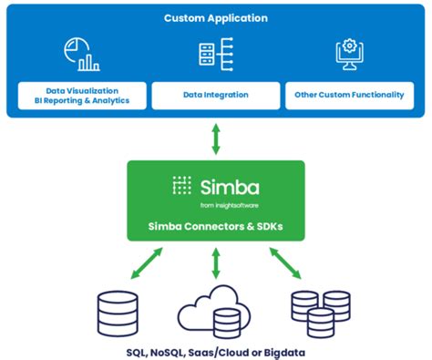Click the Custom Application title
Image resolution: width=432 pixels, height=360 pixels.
click(216, 18)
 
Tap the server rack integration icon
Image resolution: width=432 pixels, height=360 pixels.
click(216, 54)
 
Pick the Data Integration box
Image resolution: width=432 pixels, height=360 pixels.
click(216, 95)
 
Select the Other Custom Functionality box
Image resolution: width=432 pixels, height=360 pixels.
click(349, 95)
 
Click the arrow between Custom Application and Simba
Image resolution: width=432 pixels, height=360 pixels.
click(216, 139)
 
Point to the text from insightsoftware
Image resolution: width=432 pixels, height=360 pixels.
click(228, 205)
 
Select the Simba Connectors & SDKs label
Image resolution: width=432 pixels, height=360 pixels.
click(216, 225)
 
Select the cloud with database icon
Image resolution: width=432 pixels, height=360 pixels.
click(214, 310)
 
